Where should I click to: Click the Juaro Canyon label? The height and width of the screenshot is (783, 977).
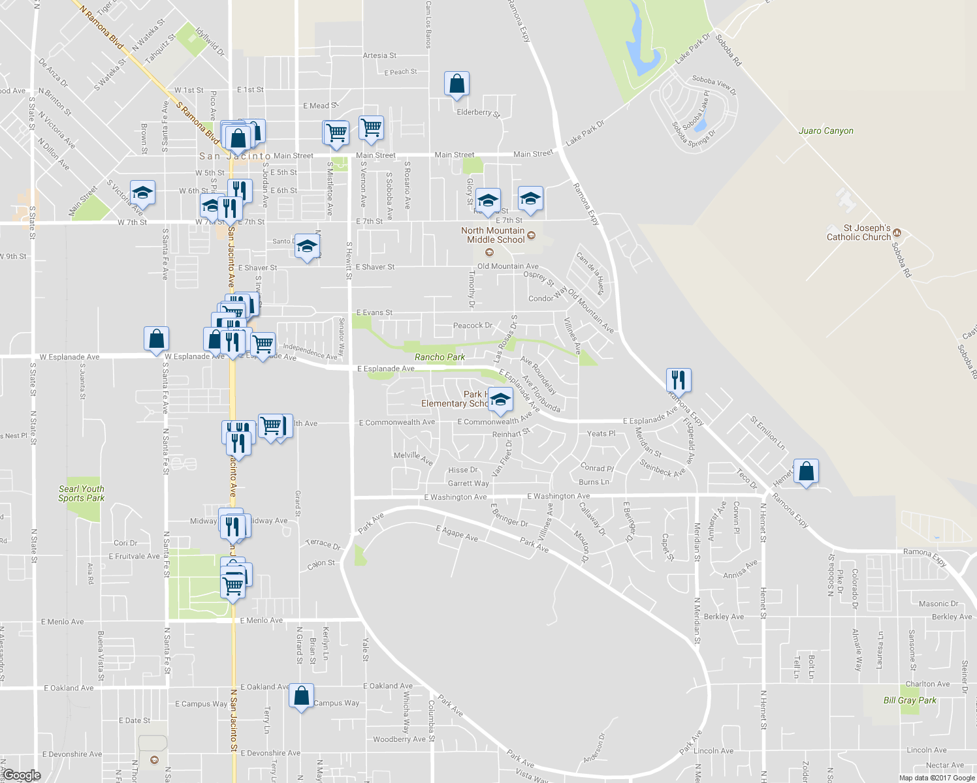(825, 131)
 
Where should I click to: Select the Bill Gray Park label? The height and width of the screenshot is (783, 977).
(910, 700)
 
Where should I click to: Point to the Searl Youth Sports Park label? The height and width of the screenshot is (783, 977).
(82, 493)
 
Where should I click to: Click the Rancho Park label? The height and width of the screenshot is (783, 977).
(440, 357)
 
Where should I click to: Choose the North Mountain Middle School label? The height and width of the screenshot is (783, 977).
(493, 235)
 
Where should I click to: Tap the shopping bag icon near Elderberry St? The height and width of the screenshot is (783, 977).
(456, 84)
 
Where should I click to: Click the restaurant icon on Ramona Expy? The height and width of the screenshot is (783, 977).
(679, 379)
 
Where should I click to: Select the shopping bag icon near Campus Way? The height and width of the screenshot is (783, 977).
(301, 696)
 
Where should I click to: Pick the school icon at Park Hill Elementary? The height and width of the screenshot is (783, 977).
(500, 399)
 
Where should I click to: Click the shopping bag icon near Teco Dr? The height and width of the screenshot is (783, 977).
(806, 470)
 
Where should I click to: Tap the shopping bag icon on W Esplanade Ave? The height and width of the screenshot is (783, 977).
(156, 339)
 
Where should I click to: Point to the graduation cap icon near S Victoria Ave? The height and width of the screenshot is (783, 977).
(142, 193)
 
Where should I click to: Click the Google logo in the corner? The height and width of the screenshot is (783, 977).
(21, 775)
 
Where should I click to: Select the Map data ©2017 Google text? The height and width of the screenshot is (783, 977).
(937, 778)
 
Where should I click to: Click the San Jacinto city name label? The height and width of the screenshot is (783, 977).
(234, 156)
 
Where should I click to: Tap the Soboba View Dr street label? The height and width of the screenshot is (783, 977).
(714, 85)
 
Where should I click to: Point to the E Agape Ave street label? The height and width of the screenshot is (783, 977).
(456, 533)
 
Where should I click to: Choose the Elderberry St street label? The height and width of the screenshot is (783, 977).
(478, 113)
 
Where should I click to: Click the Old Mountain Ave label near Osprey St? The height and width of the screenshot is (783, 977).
(507, 266)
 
